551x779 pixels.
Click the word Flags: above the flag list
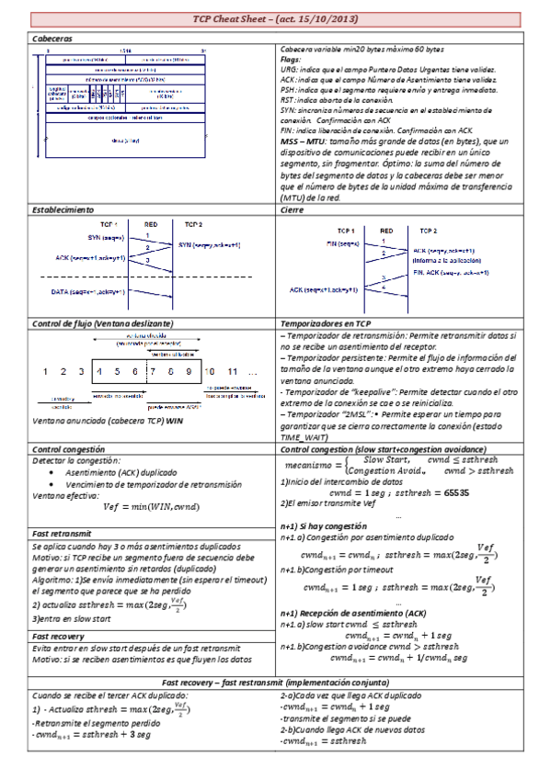click(x=292, y=60)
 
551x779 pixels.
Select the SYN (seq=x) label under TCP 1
click(x=109, y=238)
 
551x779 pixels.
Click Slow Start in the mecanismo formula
click(x=383, y=458)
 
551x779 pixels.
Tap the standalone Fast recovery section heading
click(x=58, y=636)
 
